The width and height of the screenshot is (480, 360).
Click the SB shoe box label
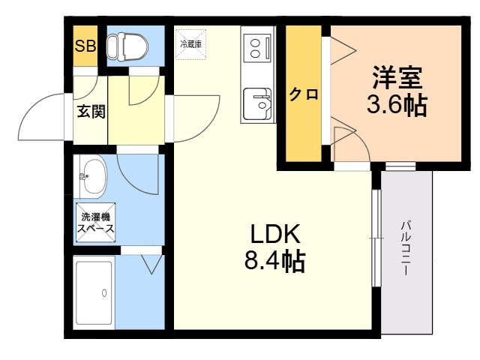pos(85,46)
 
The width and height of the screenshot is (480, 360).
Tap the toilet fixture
pos(127,46)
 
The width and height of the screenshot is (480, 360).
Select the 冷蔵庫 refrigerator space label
pos(190,44)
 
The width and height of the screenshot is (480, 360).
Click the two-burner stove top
pos(257,48)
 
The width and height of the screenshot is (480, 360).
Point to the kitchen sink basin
pos(257,103)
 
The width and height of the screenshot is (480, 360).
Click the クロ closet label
pos(304,94)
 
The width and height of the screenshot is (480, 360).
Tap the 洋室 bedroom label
pos(397,77)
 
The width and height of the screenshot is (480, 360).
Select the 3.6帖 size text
pos(397,105)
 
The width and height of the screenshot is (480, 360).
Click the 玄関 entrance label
pos(91,111)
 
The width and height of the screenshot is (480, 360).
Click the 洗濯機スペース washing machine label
pos(95,223)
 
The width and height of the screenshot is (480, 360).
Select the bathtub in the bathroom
pos(94,292)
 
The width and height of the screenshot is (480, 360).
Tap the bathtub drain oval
pos(104,293)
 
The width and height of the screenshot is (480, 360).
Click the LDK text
pos(275,234)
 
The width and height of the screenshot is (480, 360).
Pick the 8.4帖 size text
pos(275,261)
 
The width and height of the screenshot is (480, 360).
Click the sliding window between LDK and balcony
pos(376,238)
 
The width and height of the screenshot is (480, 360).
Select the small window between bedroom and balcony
pos(400,166)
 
